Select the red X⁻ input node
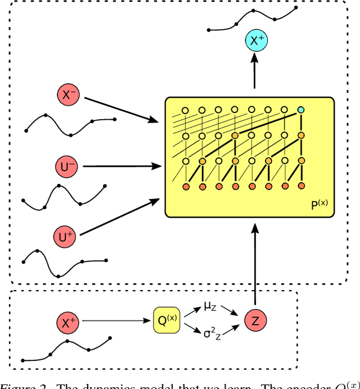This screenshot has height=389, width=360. [x=70, y=95]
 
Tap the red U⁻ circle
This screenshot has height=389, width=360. [x=68, y=166]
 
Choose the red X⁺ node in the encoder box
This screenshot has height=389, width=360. [x=69, y=322]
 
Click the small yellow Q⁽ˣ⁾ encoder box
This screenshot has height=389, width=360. [x=165, y=320]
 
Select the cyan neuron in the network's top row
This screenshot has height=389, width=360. [x=301, y=110]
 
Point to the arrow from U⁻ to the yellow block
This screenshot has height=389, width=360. [x=121, y=166]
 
